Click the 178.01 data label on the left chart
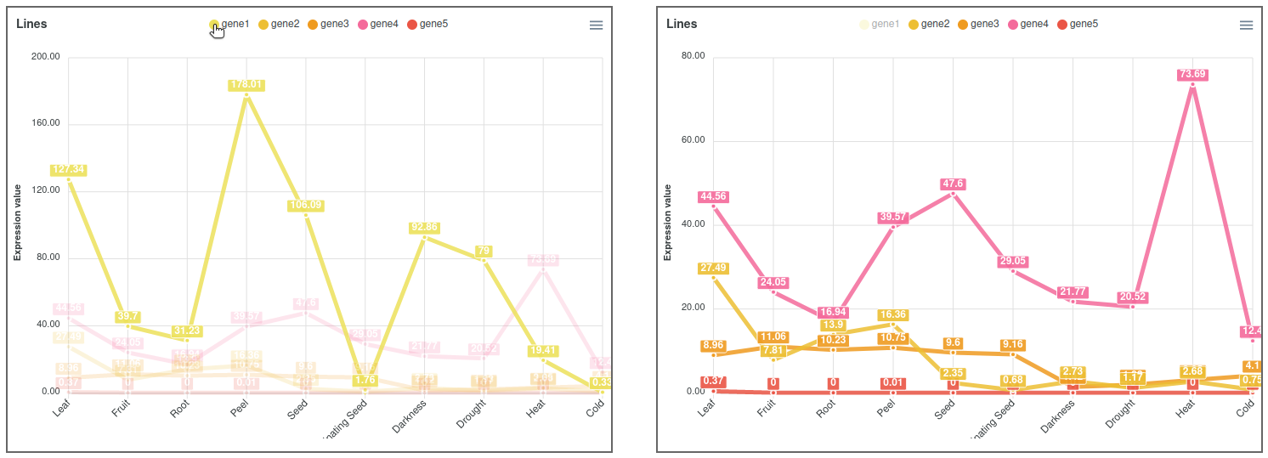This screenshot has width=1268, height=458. click(x=246, y=85)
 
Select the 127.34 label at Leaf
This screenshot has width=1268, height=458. click(x=68, y=170)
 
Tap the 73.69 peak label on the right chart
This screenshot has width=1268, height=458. click(x=1192, y=75)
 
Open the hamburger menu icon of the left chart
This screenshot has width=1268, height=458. click(x=596, y=25)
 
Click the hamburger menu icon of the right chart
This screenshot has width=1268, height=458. click(x=1246, y=25)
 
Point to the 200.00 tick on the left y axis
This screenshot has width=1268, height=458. click(x=45, y=57)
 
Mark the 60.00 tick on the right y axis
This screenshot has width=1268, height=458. click(x=695, y=140)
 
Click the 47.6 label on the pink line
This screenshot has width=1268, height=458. click(x=953, y=184)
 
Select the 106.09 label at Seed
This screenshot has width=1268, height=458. click(x=306, y=206)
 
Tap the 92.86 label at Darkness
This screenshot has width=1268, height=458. click(x=425, y=228)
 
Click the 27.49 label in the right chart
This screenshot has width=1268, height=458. click(x=714, y=269)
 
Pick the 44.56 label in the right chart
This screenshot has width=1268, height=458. click(x=714, y=197)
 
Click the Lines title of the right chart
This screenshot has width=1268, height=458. click(x=681, y=24)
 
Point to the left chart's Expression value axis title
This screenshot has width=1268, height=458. click(x=18, y=223)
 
